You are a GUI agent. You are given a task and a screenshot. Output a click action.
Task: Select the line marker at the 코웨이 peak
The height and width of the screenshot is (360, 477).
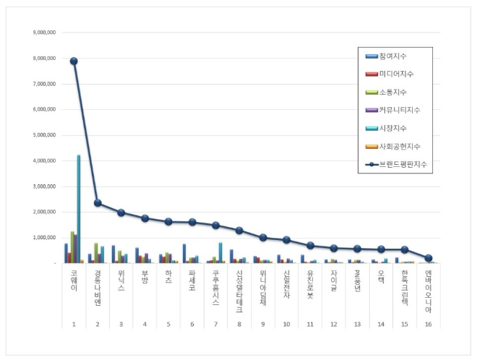[x=74, y=61]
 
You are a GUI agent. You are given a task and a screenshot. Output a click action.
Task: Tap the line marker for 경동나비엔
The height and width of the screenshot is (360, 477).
[x=98, y=203]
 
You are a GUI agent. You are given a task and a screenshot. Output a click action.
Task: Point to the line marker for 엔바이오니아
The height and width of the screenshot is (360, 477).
[x=429, y=258]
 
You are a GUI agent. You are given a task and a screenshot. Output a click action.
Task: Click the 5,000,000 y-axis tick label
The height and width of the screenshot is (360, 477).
[x=46, y=135]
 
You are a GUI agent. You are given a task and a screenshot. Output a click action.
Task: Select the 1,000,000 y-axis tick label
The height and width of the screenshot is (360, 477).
[x=46, y=237]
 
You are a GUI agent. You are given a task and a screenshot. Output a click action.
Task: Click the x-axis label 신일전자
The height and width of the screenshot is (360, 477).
[x=286, y=286]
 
